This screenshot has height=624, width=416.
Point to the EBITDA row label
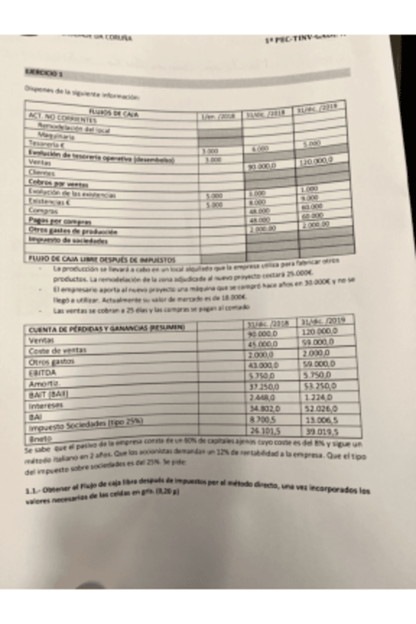40,372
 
